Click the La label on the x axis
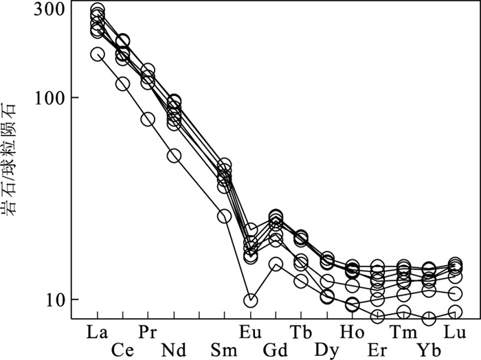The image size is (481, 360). tap(98, 331)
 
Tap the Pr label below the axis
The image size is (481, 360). tap(147, 331)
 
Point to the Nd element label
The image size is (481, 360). tap(173, 350)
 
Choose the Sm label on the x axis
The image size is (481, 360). tap(225, 350)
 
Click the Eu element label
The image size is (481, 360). tap(251, 331)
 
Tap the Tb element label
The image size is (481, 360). tap(301, 331)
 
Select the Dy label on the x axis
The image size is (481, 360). tap(326, 350)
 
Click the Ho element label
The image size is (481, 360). tap(352, 331)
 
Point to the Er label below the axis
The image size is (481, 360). tap(377, 350)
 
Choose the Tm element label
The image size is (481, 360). tap(403, 331)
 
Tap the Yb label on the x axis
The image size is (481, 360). tap(429, 350)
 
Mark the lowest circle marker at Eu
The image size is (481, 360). tap(251, 300)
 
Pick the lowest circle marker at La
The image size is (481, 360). tap(97, 54)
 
